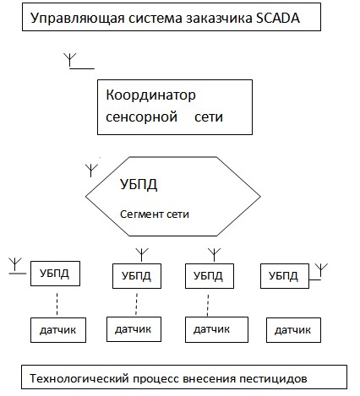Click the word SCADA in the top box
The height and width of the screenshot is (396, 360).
tap(278, 18)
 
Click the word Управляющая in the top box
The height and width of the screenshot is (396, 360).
tap(78, 19)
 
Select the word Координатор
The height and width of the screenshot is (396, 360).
tap(150, 95)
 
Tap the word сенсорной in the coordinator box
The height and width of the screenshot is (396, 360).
tap(141, 117)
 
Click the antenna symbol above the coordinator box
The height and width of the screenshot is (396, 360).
tap(79, 61)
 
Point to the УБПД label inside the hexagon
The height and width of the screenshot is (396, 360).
tap(139, 185)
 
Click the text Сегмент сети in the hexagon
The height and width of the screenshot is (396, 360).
tap(155, 214)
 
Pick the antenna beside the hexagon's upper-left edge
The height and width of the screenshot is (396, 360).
tap(91, 171)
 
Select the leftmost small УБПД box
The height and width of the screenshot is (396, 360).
tap(55, 274)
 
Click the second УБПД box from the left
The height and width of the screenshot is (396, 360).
tap(137, 276)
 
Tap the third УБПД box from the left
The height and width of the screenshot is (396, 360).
tap(210, 276)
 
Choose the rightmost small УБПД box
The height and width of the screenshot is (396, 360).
tap(285, 276)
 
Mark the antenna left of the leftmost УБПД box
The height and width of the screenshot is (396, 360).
tap(15, 266)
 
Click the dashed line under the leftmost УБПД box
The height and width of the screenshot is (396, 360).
tap(57, 304)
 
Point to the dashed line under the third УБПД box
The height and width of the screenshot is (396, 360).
tap(208, 306)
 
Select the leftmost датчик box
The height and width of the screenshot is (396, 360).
tap(58, 330)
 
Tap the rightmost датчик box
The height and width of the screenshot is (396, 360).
tap(293, 330)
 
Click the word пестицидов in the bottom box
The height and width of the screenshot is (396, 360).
tap(273, 379)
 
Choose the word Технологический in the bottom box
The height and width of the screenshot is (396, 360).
tap(79, 378)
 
